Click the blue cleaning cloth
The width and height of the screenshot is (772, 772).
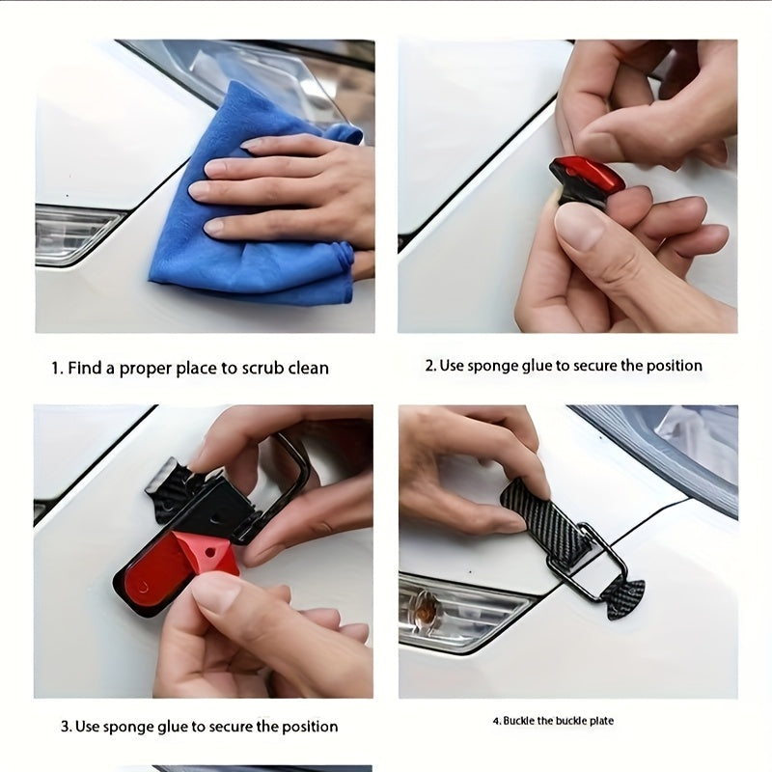coord(246,232)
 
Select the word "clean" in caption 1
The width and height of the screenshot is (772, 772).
coord(308,369)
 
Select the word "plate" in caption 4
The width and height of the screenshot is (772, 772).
coord(601,721)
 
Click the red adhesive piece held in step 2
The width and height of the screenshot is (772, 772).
coord(588,177)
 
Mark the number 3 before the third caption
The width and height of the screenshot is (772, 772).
coord(66,727)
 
